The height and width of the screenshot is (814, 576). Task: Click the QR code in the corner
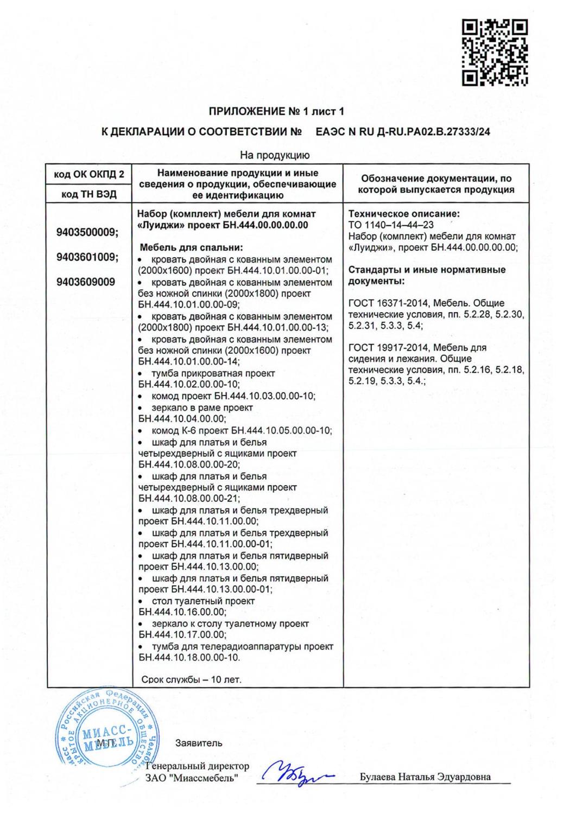click(x=495, y=52)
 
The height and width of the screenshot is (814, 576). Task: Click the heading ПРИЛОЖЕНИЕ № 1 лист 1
click(x=276, y=111)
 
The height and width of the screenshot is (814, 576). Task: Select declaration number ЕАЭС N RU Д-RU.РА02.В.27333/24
click(x=402, y=132)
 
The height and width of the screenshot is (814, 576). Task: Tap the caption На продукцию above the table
click(x=275, y=155)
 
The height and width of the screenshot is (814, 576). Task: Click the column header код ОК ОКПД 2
click(x=89, y=175)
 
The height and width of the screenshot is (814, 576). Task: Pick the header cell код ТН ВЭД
click(x=89, y=194)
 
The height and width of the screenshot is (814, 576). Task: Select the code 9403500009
click(x=87, y=232)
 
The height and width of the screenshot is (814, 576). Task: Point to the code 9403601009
click(x=87, y=257)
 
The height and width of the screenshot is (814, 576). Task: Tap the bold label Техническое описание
click(x=403, y=214)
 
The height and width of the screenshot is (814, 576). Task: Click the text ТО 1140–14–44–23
click(x=391, y=225)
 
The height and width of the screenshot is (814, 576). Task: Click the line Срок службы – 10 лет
click(x=191, y=679)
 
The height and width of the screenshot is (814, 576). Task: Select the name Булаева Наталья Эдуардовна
click(x=425, y=777)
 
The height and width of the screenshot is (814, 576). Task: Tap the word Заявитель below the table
click(x=199, y=743)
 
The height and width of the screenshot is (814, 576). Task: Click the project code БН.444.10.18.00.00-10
click(x=189, y=658)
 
